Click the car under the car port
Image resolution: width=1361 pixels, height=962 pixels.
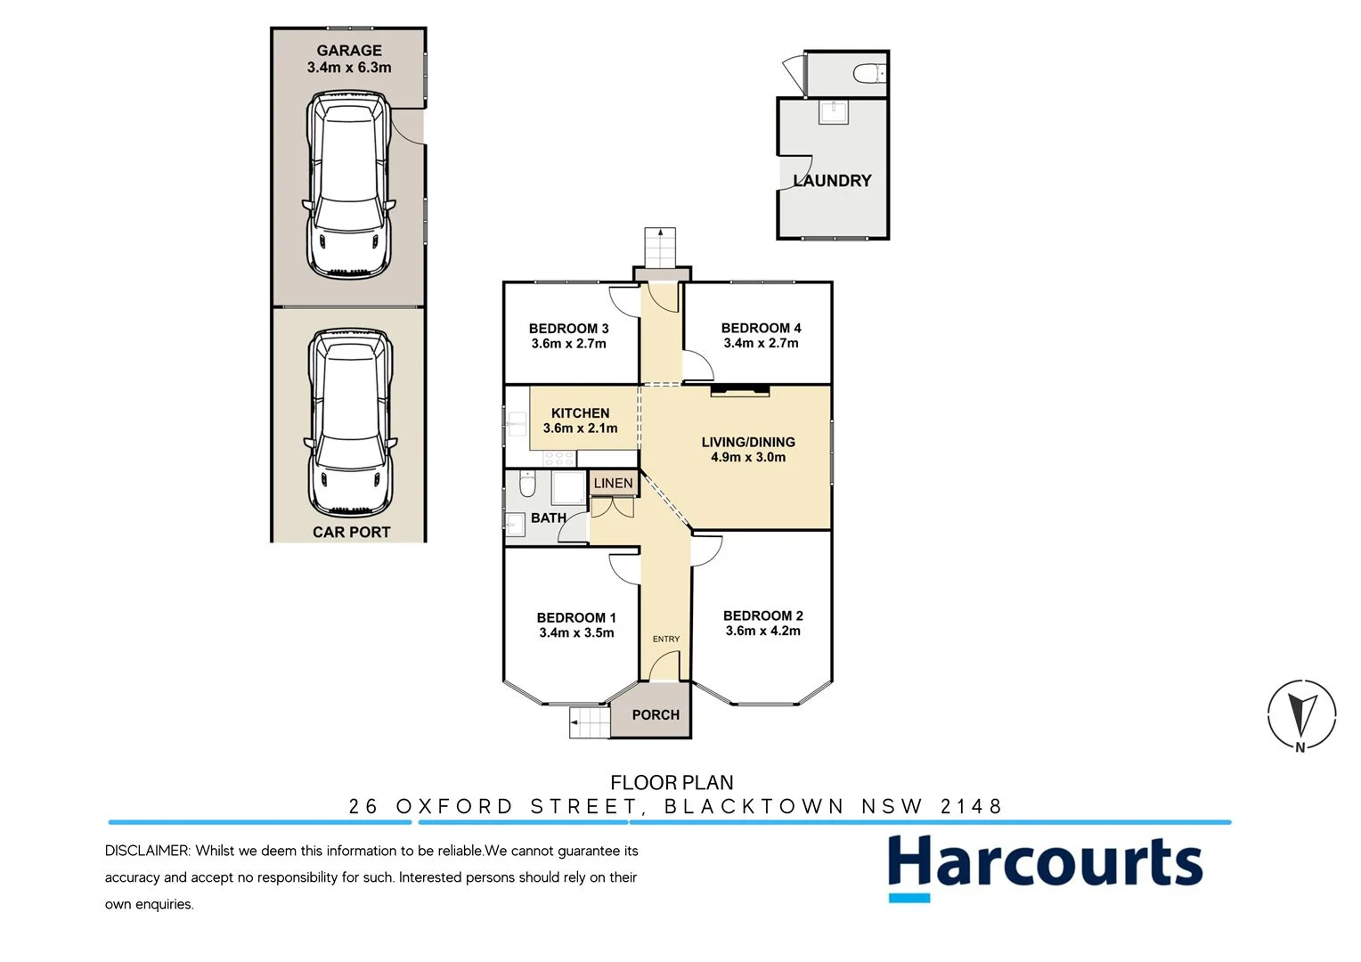click(349, 424)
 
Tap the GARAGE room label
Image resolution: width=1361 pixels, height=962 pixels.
click(349, 51)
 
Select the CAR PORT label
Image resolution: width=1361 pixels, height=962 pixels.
click(351, 532)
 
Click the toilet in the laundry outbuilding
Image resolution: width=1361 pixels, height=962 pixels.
click(868, 73)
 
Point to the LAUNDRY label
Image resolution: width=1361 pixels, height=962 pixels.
click(832, 181)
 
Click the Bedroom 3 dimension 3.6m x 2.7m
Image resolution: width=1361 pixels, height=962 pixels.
click(568, 344)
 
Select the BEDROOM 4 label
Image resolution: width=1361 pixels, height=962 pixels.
click(761, 328)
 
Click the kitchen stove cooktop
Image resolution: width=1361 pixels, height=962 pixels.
click(559, 458)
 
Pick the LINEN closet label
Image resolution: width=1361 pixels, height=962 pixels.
click(613, 484)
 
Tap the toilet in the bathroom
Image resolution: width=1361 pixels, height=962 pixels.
click(526, 486)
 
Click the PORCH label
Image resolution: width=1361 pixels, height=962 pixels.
click(656, 714)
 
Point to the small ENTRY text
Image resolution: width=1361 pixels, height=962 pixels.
click(665, 639)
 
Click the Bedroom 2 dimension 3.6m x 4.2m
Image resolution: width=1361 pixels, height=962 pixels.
click(762, 631)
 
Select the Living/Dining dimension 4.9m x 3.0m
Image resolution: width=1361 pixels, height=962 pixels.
click(748, 457)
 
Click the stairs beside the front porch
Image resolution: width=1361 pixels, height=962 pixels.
click(589, 721)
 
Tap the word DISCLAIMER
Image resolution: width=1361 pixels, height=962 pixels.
click(147, 851)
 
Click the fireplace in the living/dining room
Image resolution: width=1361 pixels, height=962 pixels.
click(739, 389)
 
